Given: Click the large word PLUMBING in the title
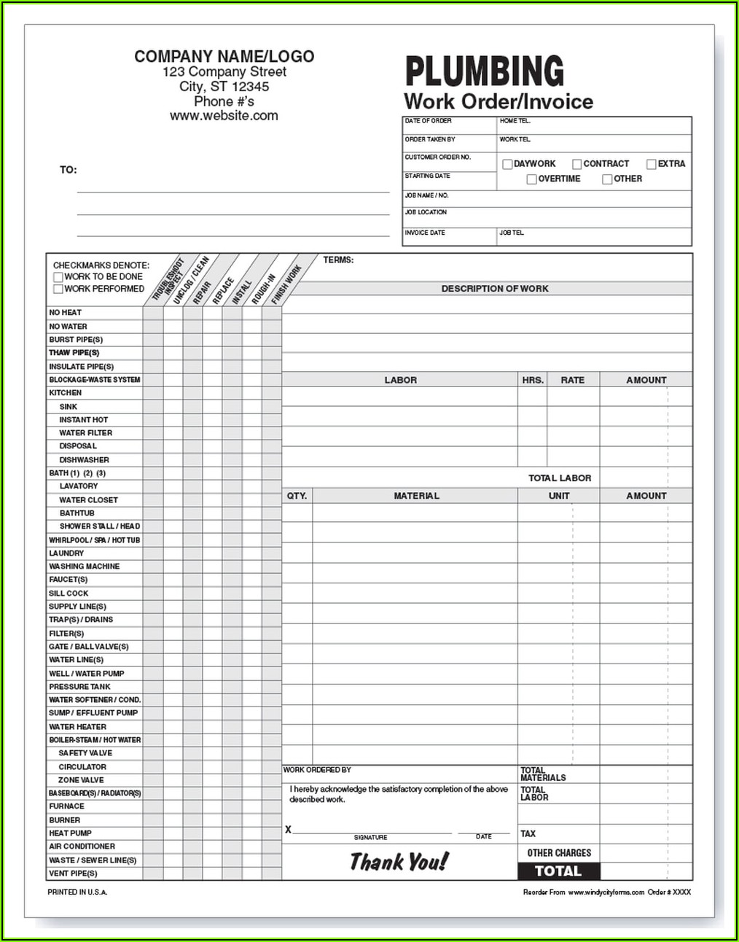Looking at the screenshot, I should click(484, 71).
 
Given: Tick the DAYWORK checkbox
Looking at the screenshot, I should click(507, 164).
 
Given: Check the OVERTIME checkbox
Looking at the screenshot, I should click(532, 179).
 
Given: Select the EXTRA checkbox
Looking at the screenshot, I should click(652, 164).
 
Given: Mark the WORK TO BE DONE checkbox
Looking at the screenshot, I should click(58, 278).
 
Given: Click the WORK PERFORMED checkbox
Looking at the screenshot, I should click(58, 289).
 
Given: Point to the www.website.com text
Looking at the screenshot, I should click(224, 116).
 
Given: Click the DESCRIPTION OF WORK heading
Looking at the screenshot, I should click(494, 289).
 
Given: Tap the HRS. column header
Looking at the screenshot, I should click(533, 380).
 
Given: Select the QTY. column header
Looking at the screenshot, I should click(297, 496).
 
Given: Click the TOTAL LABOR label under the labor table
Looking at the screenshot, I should click(559, 478).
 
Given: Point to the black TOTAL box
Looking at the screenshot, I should click(558, 871).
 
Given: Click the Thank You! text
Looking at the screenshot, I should click(399, 863).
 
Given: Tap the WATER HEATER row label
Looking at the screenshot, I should click(77, 727).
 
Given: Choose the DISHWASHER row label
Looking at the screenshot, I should click(84, 460).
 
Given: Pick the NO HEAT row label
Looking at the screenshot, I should click(66, 313).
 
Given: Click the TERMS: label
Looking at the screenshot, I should click(338, 260).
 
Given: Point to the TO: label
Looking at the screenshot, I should click(68, 170).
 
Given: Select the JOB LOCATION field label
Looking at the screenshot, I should click(426, 212).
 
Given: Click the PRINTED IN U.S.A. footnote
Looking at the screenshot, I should click(77, 892).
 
